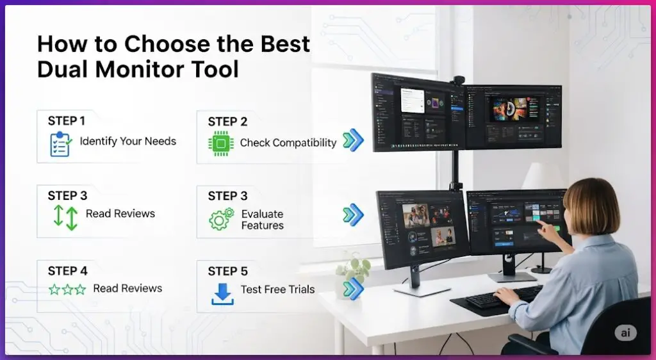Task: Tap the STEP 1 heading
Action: (66, 120)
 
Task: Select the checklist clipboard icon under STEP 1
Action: (60, 144)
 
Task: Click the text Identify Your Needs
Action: (127, 141)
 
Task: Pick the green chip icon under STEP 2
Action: (220, 143)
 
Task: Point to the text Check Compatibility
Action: (288, 143)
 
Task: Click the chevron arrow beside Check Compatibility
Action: (353, 140)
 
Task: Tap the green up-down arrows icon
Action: (65, 218)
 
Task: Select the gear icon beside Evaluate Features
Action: (221, 219)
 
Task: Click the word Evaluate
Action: (262, 214)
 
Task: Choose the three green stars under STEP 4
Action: (67, 290)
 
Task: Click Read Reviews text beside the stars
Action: (127, 288)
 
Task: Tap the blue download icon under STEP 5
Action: (222, 293)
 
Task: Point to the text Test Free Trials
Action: (277, 290)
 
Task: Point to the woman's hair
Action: (593, 205)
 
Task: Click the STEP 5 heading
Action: (227, 271)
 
